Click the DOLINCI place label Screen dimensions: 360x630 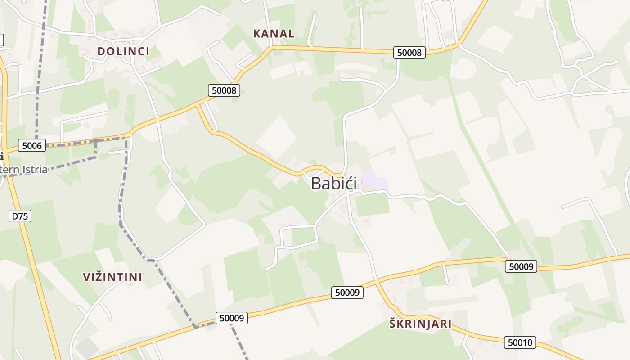click(x=123, y=51)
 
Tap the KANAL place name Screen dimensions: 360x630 click(x=274, y=33)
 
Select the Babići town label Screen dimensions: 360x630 click(x=334, y=184)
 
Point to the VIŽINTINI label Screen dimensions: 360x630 click(x=112, y=277)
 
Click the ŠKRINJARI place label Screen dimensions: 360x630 click(x=420, y=324)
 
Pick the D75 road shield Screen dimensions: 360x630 click(x=20, y=216)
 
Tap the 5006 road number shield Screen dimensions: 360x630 click(x=32, y=145)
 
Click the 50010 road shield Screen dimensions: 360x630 click(x=520, y=342)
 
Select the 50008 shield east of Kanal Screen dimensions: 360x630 click(x=409, y=53)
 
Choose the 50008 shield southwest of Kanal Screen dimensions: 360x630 click(x=224, y=90)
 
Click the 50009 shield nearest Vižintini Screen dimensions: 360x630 click(x=232, y=318)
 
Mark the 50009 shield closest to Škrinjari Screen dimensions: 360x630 click(x=347, y=292)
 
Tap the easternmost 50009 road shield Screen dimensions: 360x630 click(x=521, y=266)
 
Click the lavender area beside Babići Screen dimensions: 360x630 click(x=375, y=181)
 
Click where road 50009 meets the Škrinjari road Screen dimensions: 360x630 click(x=376, y=282)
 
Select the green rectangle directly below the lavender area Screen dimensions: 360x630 click(x=373, y=205)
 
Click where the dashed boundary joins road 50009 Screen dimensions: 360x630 click(x=195, y=326)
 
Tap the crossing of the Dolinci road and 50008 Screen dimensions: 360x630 click(x=157, y=120)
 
